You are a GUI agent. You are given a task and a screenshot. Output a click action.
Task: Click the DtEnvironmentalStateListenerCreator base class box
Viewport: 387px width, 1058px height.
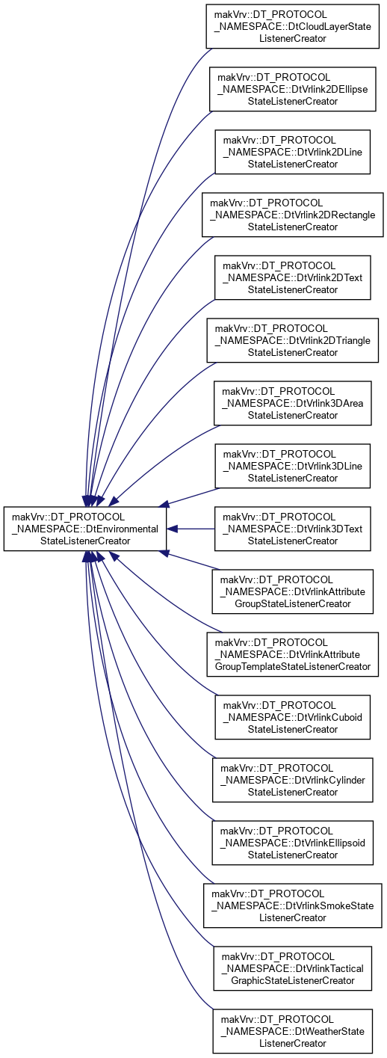coord(85,529)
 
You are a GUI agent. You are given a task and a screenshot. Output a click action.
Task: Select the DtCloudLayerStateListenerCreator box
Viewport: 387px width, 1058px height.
coord(293,26)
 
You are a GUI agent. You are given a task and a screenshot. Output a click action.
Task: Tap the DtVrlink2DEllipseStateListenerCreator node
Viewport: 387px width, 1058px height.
coord(293,89)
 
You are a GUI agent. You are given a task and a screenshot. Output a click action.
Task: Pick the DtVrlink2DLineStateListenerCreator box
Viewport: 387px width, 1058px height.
coord(293,152)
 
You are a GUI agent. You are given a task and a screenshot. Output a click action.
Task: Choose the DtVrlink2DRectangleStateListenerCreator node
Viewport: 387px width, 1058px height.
coord(293,215)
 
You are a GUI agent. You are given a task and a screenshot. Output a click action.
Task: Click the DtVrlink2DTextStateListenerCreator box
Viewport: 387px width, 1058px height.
coord(293,277)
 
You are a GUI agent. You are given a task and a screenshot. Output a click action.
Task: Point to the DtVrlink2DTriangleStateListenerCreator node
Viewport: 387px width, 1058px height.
coord(293,340)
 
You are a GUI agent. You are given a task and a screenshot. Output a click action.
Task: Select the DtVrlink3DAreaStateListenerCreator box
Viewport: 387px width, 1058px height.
coord(293,403)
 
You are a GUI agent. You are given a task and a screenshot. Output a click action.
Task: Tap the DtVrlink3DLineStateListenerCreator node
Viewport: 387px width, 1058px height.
coord(293,466)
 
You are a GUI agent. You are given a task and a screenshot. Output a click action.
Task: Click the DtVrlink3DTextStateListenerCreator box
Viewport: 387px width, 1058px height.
coord(293,529)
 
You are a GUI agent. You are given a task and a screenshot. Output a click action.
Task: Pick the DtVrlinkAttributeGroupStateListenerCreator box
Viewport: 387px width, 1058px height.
coord(293,591)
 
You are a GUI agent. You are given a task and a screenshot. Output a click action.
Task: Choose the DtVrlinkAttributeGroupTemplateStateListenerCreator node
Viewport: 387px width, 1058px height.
coord(293,654)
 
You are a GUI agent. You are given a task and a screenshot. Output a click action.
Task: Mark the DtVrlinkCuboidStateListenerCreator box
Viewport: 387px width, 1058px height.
coord(293,717)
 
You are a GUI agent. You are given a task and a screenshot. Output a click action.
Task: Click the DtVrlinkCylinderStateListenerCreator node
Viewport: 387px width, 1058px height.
coord(293,780)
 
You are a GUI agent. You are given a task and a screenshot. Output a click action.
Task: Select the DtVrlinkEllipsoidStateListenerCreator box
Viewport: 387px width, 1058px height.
coord(293,843)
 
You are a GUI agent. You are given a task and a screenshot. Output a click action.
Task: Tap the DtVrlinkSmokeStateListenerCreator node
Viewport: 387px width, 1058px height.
coord(293,905)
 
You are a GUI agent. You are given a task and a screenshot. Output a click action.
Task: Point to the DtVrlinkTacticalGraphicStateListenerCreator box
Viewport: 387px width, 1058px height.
coord(293,968)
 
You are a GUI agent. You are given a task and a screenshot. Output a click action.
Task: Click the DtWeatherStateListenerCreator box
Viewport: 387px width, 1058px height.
coord(293,1031)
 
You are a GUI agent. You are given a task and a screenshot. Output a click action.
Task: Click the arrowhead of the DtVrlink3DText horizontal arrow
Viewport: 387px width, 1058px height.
coord(172,529)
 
